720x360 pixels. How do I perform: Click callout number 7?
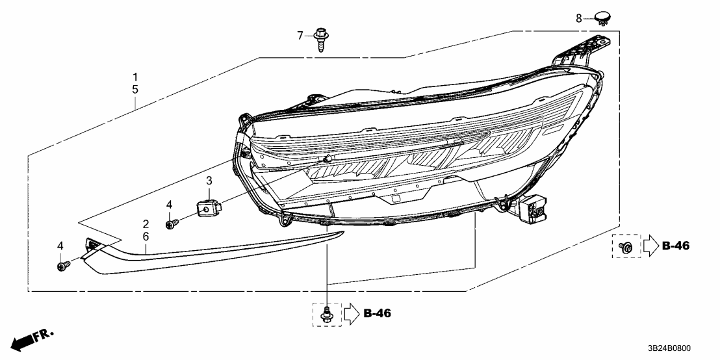pos(300,35)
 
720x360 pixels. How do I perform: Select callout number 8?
pos(579,18)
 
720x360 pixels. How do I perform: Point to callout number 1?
pos(135,75)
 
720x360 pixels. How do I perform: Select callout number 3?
pos(209,180)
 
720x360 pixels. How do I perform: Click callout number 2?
pos(146,224)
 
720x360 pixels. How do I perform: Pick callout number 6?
pos(146,237)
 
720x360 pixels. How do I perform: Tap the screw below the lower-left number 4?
pos(63,266)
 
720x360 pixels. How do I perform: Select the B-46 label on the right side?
pos(675,246)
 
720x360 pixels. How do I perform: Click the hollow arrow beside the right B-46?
pos(650,246)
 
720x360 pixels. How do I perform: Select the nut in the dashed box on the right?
pos(626,246)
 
